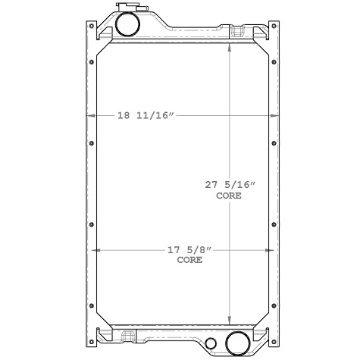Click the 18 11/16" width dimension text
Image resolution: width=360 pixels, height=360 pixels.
(x=146, y=116)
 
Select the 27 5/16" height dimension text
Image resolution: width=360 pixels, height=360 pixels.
(x=229, y=184)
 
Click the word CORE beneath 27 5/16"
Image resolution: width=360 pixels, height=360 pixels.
(x=229, y=196)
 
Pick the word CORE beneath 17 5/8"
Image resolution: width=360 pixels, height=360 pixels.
(x=189, y=260)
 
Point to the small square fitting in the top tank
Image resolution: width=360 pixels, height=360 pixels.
(x=238, y=33)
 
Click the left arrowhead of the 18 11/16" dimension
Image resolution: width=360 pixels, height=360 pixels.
(x=92, y=116)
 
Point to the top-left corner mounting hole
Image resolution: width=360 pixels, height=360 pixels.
(x=92, y=27)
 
